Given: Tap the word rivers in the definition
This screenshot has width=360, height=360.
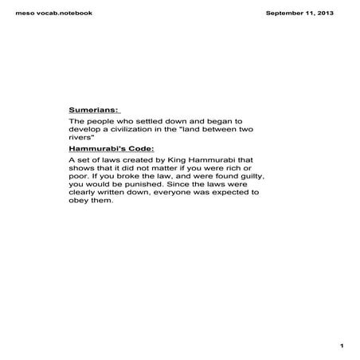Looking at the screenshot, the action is coord(81,138).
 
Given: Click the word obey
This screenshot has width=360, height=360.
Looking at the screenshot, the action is coord(80,201).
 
